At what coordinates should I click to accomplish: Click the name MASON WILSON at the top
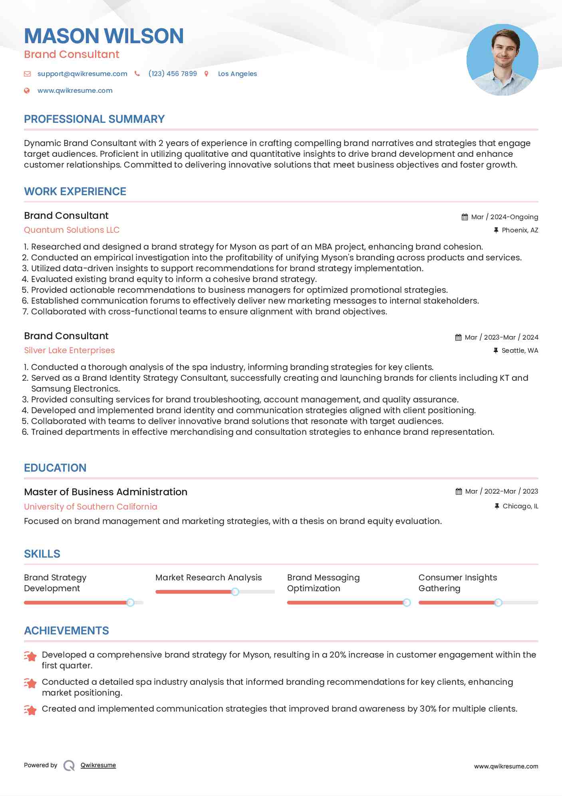coord(104,36)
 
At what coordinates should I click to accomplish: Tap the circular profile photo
coord(502,60)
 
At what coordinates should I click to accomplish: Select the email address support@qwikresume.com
coord(82,74)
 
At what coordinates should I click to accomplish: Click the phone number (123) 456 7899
coord(173,74)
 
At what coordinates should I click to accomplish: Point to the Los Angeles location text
coord(237,74)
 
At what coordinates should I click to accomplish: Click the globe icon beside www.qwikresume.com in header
coord(27,91)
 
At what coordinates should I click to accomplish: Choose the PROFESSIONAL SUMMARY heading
coord(94,119)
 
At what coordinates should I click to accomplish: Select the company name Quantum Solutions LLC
coord(71,230)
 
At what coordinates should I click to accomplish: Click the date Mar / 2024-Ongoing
coord(504,217)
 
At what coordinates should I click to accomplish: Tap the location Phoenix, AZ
coord(520,230)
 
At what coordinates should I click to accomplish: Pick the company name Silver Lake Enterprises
coord(69,350)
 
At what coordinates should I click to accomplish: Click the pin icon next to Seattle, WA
coord(496,350)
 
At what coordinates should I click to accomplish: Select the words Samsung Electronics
coord(75,389)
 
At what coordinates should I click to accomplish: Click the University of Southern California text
coord(90,507)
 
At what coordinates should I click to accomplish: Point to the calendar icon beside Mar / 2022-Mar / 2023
coord(459,492)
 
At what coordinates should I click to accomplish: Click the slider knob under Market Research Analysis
coord(235,592)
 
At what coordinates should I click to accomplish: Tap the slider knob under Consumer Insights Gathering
coord(498,602)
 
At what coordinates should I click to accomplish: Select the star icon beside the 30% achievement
coord(30,710)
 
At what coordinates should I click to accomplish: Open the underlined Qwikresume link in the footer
coord(98,765)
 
